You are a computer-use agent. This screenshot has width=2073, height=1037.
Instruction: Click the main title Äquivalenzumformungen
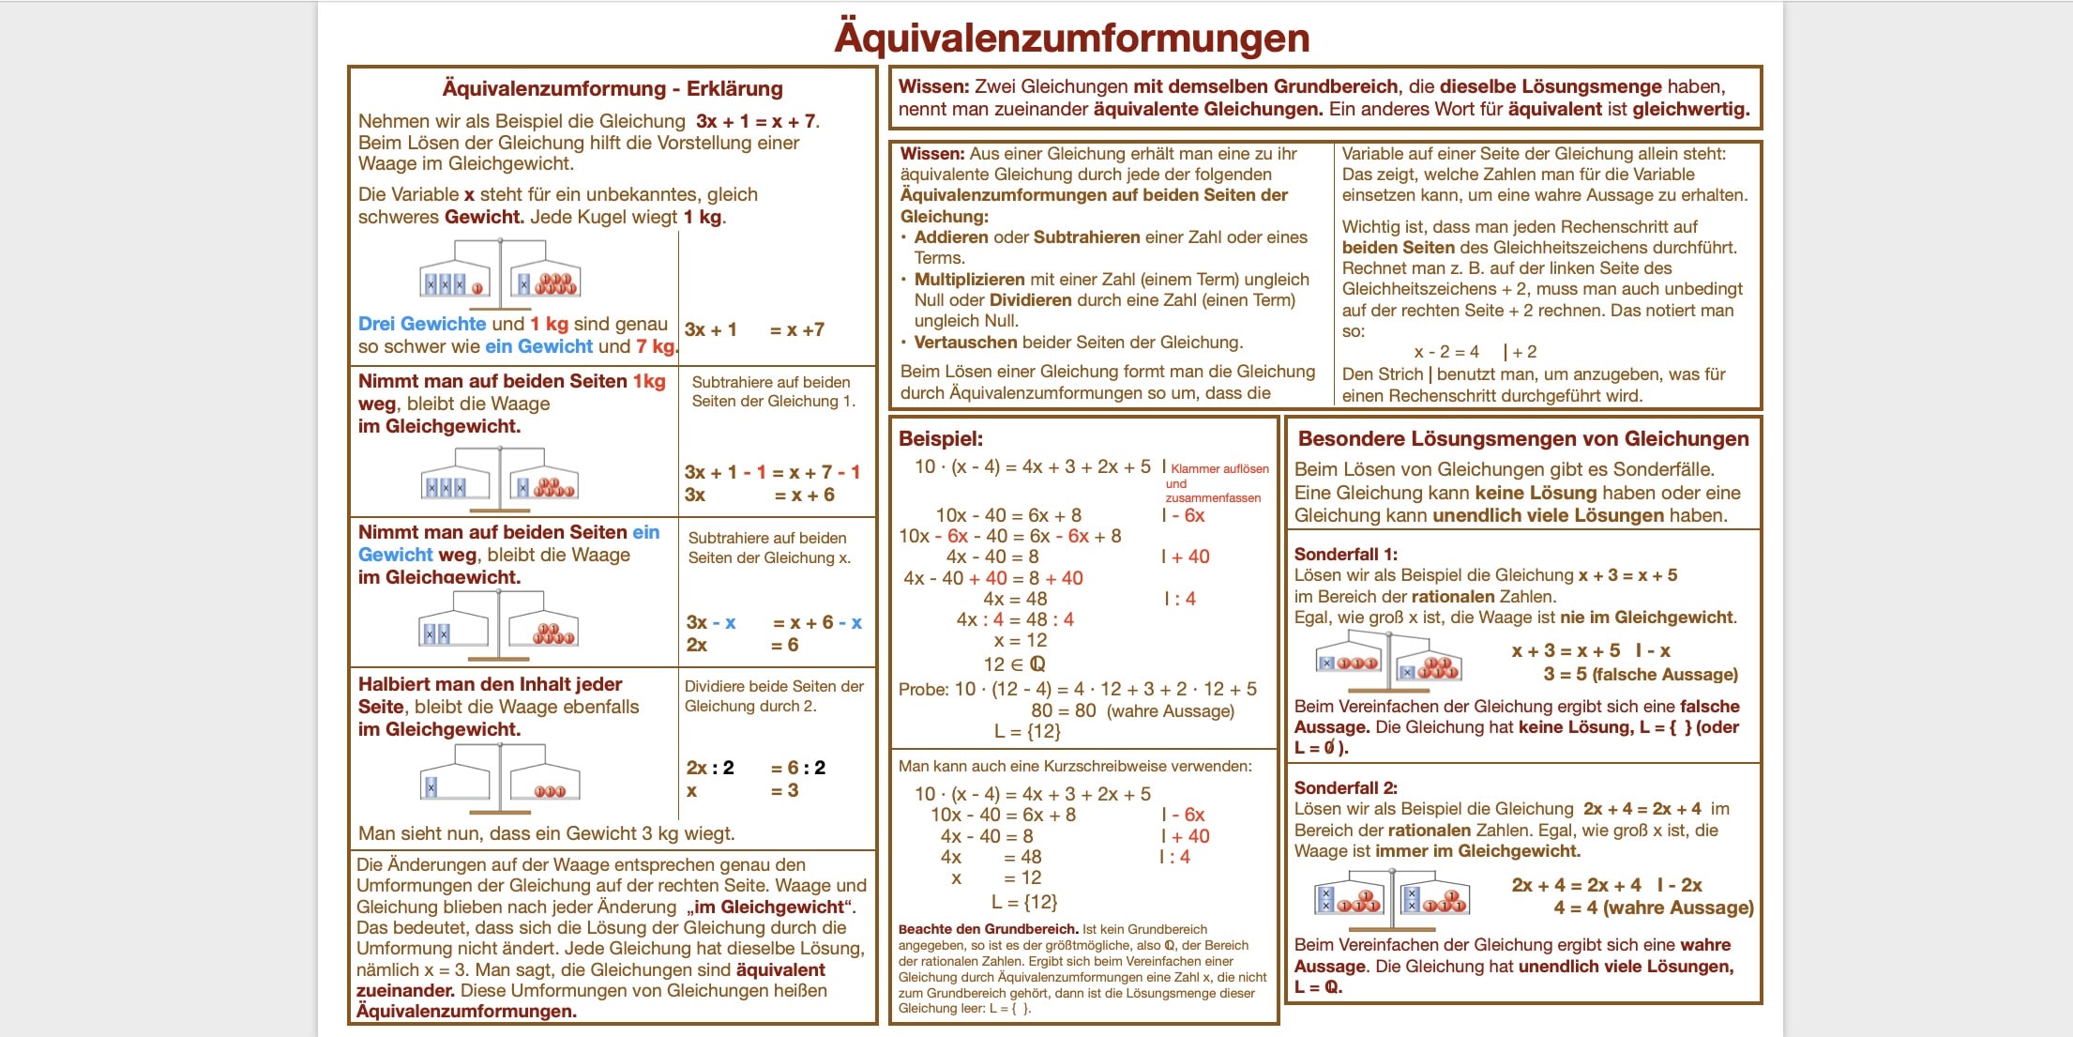(1071, 38)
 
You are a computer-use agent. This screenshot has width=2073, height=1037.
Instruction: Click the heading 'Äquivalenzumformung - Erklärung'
(612, 89)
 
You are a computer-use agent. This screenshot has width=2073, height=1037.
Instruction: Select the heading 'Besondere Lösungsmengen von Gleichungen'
(1522, 438)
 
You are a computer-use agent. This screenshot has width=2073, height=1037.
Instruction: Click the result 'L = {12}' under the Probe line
(1027, 731)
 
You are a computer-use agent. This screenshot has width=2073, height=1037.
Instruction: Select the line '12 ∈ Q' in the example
(1014, 663)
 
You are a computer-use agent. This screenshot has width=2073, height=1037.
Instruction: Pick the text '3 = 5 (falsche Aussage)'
(1640, 674)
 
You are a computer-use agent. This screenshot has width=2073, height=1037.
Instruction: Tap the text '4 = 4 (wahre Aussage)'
(1653, 907)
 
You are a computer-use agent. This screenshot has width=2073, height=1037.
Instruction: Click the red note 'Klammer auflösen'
(1219, 468)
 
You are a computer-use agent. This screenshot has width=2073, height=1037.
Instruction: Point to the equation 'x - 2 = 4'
(1445, 352)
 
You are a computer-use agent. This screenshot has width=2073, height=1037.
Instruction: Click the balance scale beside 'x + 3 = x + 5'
(1388, 658)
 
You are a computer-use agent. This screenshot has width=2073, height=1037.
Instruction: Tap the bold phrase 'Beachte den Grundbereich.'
(988, 929)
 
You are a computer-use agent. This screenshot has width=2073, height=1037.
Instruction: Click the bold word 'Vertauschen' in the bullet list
(965, 343)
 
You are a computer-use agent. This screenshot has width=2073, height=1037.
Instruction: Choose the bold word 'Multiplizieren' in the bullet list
(969, 280)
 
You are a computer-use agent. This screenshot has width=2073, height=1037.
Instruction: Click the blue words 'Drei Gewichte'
(421, 324)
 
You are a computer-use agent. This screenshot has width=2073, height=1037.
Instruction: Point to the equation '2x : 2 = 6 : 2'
(755, 768)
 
